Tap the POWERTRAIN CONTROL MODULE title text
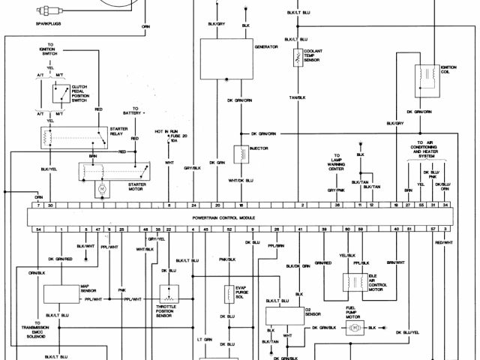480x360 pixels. click(223, 217)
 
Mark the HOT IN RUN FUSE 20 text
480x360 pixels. click(169, 136)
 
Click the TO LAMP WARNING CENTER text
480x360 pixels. click(336, 163)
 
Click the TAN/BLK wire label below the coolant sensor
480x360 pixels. click(298, 97)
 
